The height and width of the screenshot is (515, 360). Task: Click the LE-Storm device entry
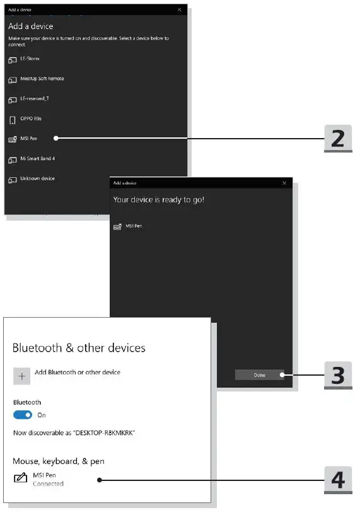point(30,59)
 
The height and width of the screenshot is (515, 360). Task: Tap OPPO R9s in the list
point(31,119)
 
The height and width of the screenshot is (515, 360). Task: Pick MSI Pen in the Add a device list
point(29,138)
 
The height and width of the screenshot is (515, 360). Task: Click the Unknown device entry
point(37,178)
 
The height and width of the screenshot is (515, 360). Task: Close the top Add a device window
point(180,10)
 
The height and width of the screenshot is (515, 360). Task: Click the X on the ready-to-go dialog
point(284,183)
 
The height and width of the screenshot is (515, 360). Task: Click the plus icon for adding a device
point(22,376)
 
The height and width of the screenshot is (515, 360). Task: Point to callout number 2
point(338,137)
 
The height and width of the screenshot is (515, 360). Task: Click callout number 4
point(338,480)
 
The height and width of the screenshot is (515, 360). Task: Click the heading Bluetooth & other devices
point(79,348)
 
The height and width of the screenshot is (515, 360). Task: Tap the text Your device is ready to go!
point(158,199)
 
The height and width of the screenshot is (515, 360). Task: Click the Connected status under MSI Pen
point(48,484)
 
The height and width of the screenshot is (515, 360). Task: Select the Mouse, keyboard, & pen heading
point(59,461)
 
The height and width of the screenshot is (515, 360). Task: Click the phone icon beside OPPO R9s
point(12,119)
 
